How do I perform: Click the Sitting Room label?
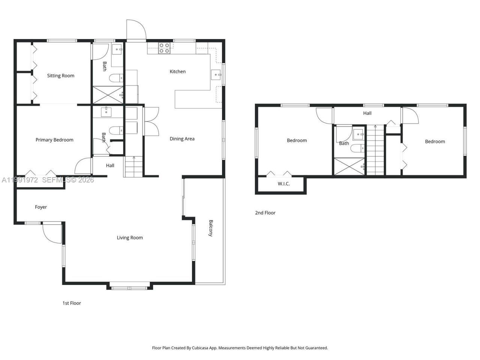60,76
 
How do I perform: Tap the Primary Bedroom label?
54,140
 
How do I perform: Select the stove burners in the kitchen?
164,48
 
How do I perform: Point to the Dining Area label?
182,139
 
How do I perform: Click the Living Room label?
130,238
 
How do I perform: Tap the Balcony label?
211,228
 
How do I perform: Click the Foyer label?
41,207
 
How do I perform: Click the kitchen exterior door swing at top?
135,30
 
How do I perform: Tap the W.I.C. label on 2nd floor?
283,184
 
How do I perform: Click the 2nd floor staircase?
375,150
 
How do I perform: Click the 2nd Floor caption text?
265,213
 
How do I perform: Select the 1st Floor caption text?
72,303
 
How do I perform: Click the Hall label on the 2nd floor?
367,113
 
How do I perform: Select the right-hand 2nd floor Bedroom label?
435,142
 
